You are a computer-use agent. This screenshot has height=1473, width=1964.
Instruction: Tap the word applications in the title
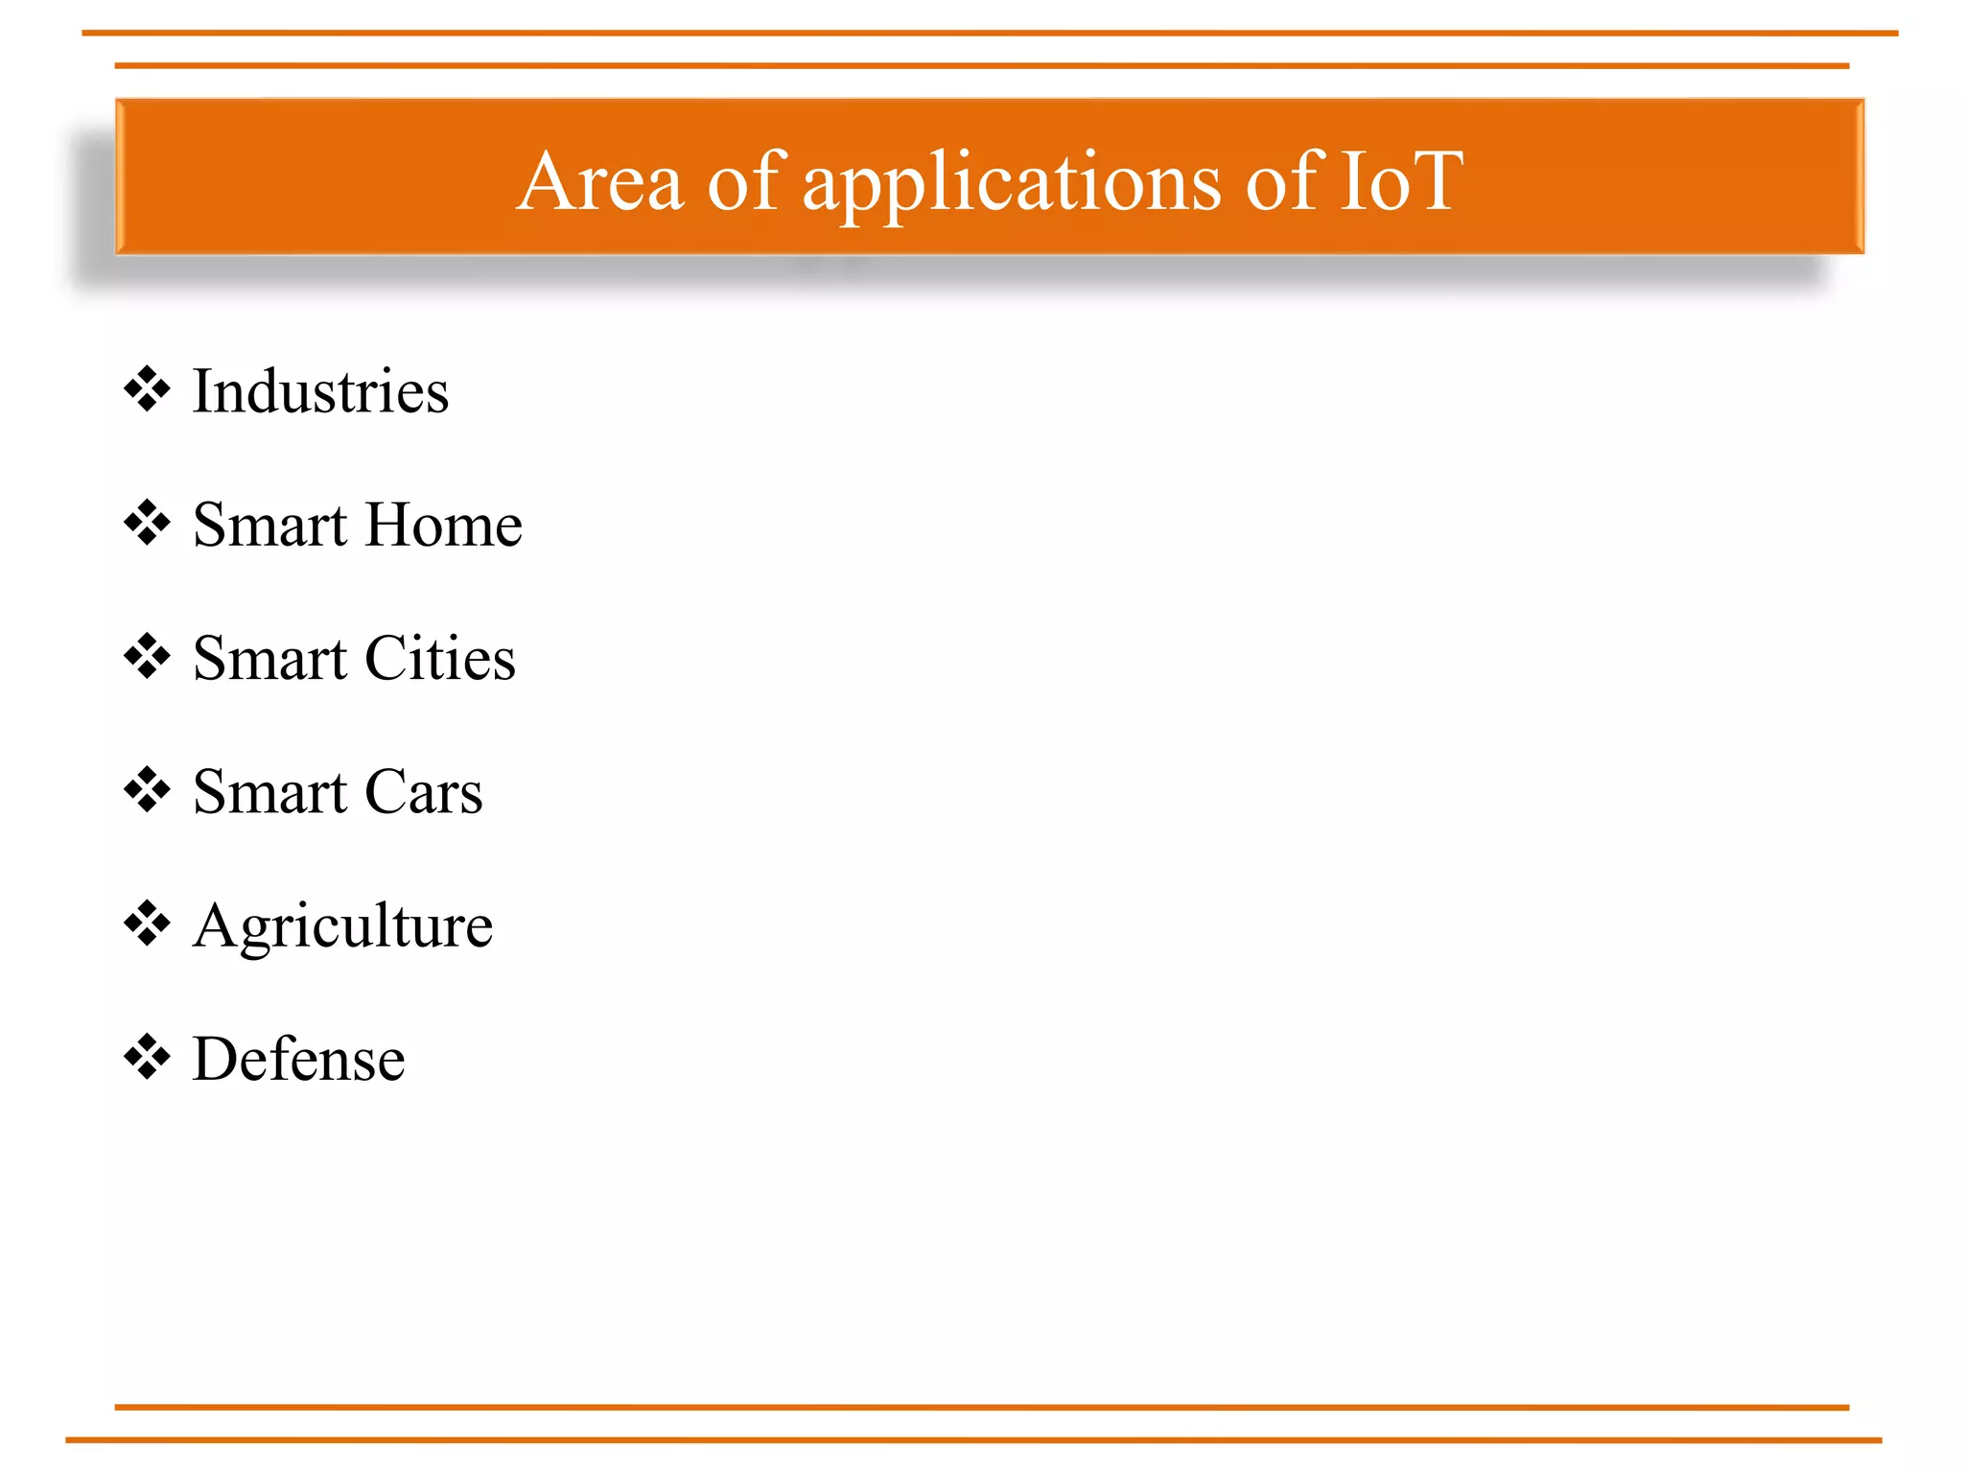pos(1012,182)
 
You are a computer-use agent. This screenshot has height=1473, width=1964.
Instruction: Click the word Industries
pos(320,391)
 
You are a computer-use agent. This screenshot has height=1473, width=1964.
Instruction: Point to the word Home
pos(443,525)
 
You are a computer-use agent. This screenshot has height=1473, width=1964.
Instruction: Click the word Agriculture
pos(342,926)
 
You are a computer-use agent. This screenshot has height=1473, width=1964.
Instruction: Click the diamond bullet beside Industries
pos(147,389)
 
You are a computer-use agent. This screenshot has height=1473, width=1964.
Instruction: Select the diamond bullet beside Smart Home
pos(147,523)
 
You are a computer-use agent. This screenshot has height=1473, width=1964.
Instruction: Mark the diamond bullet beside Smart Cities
pos(147,657)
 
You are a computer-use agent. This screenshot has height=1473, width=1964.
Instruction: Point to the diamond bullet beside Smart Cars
pos(147,790)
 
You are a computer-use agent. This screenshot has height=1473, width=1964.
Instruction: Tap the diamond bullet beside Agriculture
pos(147,924)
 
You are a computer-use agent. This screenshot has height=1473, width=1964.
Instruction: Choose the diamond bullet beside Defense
pos(147,1058)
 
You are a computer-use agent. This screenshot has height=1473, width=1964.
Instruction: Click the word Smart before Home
pos(269,525)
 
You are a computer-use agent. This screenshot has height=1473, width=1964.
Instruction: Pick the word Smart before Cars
pos(269,792)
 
